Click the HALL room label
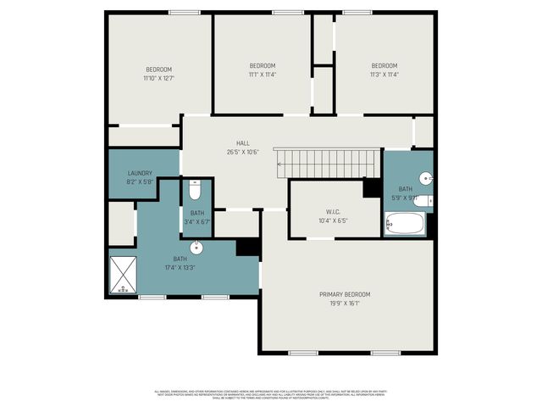click(243, 143)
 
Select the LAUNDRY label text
click(141, 173)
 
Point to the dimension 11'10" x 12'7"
click(158, 78)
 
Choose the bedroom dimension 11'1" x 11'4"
click(262, 74)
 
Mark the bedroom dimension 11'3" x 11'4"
click(384, 74)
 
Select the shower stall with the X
click(125, 274)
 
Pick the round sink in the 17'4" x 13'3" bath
click(196, 248)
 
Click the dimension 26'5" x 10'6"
click(243, 153)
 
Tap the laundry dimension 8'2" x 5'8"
click(141, 181)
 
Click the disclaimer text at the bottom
click(271, 395)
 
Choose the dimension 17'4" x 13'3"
click(180, 267)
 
